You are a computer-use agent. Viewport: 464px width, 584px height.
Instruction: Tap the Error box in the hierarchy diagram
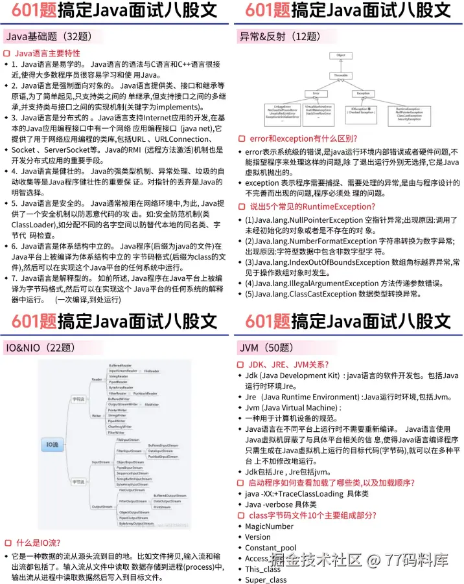tap(316, 93)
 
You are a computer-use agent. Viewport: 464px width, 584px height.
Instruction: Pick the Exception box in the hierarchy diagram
tap(364, 93)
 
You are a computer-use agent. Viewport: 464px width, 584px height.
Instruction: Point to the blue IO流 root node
tap(52, 444)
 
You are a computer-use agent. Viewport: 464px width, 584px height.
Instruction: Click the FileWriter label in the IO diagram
tap(152, 404)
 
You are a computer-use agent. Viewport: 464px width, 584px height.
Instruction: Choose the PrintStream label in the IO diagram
tap(162, 507)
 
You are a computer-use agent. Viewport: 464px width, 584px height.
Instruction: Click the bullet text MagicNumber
tap(269, 526)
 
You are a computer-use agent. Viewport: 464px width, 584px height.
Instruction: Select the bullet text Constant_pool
tap(270, 548)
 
